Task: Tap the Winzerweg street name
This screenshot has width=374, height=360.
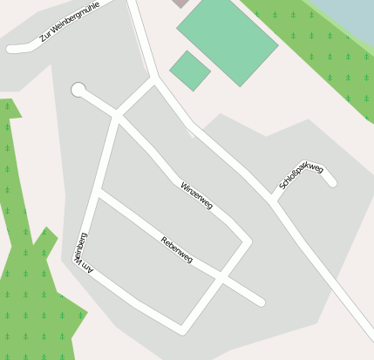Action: click(x=196, y=195)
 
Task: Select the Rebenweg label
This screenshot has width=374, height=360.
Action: click(x=177, y=250)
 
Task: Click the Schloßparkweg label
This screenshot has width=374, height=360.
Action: click(x=302, y=175)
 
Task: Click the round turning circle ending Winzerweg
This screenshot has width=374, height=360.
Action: click(x=78, y=90)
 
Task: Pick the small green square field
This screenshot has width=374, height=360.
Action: click(x=189, y=71)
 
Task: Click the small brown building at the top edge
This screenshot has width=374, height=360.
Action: click(x=180, y=3)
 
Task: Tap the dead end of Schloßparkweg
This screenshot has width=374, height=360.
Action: click(x=331, y=182)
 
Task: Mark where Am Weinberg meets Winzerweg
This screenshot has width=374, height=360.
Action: click(x=117, y=116)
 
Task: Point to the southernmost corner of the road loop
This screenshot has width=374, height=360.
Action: click(x=182, y=329)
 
